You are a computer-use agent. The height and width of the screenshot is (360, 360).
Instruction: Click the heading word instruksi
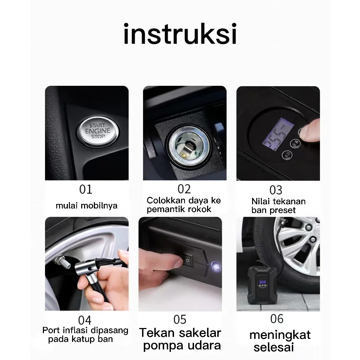pyautogui.click(x=180, y=33)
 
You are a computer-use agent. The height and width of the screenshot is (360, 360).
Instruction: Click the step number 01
pyautogui.click(x=86, y=189)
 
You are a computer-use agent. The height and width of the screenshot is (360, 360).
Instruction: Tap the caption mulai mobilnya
pyautogui.click(x=86, y=205)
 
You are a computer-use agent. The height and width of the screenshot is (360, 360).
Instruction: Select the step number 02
pyautogui.click(x=184, y=189)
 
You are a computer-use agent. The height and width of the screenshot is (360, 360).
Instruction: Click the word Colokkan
pyautogui.click(x=166, y=200)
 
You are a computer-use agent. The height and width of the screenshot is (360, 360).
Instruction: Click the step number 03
pyautogui.click(x=276, y=190)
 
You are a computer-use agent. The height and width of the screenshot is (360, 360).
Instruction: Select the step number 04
pyautogui.click(x=85, y=320)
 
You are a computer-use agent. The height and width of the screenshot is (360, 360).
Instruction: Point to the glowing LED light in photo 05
pyautogui.click(x=216, y=266)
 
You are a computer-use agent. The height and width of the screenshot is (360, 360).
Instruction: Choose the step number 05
pyautogui.click(x=180, y=320)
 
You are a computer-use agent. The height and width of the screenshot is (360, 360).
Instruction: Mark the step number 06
pyautogui.click(x=277, y=319)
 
